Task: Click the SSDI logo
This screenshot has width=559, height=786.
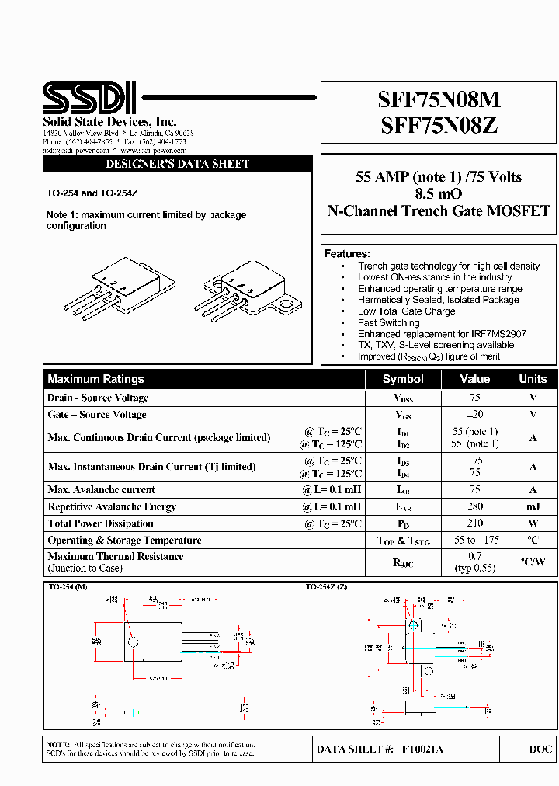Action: [89, 98]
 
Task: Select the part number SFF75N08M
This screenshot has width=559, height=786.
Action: [439, 100]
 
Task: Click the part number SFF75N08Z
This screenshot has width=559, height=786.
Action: [439, 125]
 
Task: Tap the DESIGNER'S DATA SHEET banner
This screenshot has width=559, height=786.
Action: [177, 165]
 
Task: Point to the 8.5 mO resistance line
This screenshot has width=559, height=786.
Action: [439, 193]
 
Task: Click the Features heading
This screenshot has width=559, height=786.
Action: [347, 254]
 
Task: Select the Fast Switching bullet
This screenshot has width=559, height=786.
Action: [388, 322]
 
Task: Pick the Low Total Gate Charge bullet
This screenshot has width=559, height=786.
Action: [406, 311]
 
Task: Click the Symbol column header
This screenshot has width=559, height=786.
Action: [403, 379]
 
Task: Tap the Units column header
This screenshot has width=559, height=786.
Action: [533, 379]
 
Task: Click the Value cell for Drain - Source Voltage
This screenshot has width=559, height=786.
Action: [474, 398]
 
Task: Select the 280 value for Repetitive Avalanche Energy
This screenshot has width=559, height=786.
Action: [474, 506]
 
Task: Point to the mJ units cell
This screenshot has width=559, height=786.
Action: [533, 506]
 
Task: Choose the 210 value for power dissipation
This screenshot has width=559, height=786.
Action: [474, 523]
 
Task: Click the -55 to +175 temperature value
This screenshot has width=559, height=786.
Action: [474, 541]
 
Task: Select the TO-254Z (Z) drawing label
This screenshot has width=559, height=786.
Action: [326, 587]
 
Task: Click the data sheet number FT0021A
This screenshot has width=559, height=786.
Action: [423, 749]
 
